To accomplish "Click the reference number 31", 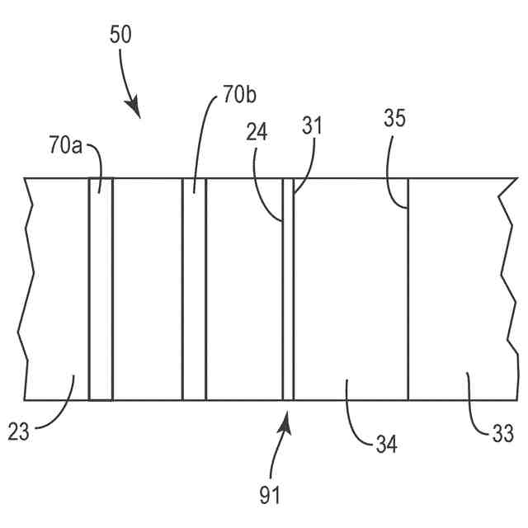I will [x=312, y=125].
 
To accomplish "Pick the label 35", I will [x=395, y=117].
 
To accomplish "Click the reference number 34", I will [x=385, y=445].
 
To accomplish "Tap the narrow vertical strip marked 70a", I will [x=101, y=289].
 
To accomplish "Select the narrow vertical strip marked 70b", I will [x=195, y=289].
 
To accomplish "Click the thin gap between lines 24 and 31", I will [x=288, y=289].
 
